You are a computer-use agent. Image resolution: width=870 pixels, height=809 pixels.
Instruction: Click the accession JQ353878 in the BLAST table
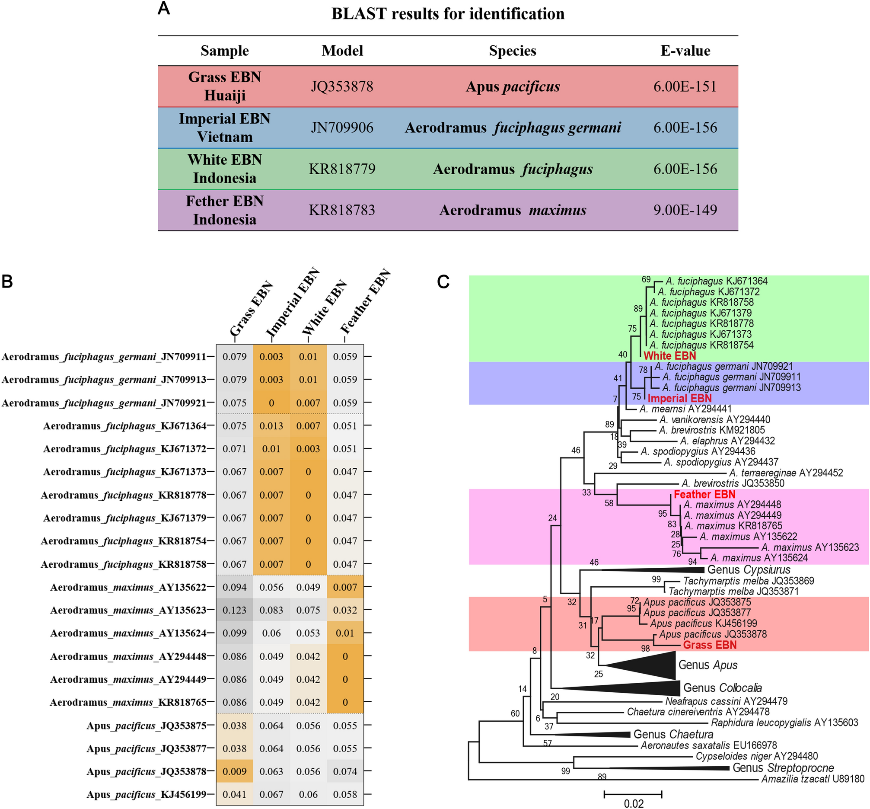tap(342, 86)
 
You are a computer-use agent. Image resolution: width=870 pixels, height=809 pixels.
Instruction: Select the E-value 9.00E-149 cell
tap(685, 210)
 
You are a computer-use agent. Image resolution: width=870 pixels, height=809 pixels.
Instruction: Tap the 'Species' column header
tap(512, 51)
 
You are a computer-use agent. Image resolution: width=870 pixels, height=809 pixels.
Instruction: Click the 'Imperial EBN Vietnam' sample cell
tap(224, 128)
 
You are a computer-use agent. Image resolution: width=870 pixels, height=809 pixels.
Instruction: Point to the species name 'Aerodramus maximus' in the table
tap(513, 211)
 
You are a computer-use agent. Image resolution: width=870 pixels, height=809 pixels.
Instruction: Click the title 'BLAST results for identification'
tap(447, 13)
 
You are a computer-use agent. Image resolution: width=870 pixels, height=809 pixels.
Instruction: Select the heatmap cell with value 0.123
tap(235, 610)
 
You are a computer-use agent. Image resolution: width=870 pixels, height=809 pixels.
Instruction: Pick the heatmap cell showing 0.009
tap(235, 771)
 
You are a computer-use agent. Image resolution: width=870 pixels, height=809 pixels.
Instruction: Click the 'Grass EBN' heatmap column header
tap(252, 309)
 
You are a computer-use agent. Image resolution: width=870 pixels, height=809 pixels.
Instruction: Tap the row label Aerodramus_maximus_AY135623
tap(128, 610)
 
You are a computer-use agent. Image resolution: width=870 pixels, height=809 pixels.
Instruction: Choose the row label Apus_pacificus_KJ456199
tap(146, 795)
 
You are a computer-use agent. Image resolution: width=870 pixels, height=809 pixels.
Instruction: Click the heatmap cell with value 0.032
tap(345, 610)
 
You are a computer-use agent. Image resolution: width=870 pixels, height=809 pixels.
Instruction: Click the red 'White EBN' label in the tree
tap(669, 356)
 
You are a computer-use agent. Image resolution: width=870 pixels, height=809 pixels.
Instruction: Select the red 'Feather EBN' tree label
tap(704, 495)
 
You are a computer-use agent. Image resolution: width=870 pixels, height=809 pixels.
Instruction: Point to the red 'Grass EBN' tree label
tap(710, 645)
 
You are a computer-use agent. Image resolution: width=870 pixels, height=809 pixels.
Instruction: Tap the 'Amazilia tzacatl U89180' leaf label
tap(813, 779)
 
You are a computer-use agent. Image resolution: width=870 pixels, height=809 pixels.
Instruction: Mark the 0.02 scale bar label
tap(633, 803)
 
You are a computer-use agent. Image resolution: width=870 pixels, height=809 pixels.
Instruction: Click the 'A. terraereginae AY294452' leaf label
tap(786, 473)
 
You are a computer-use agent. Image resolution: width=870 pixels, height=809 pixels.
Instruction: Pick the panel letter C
tap(443, 281)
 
